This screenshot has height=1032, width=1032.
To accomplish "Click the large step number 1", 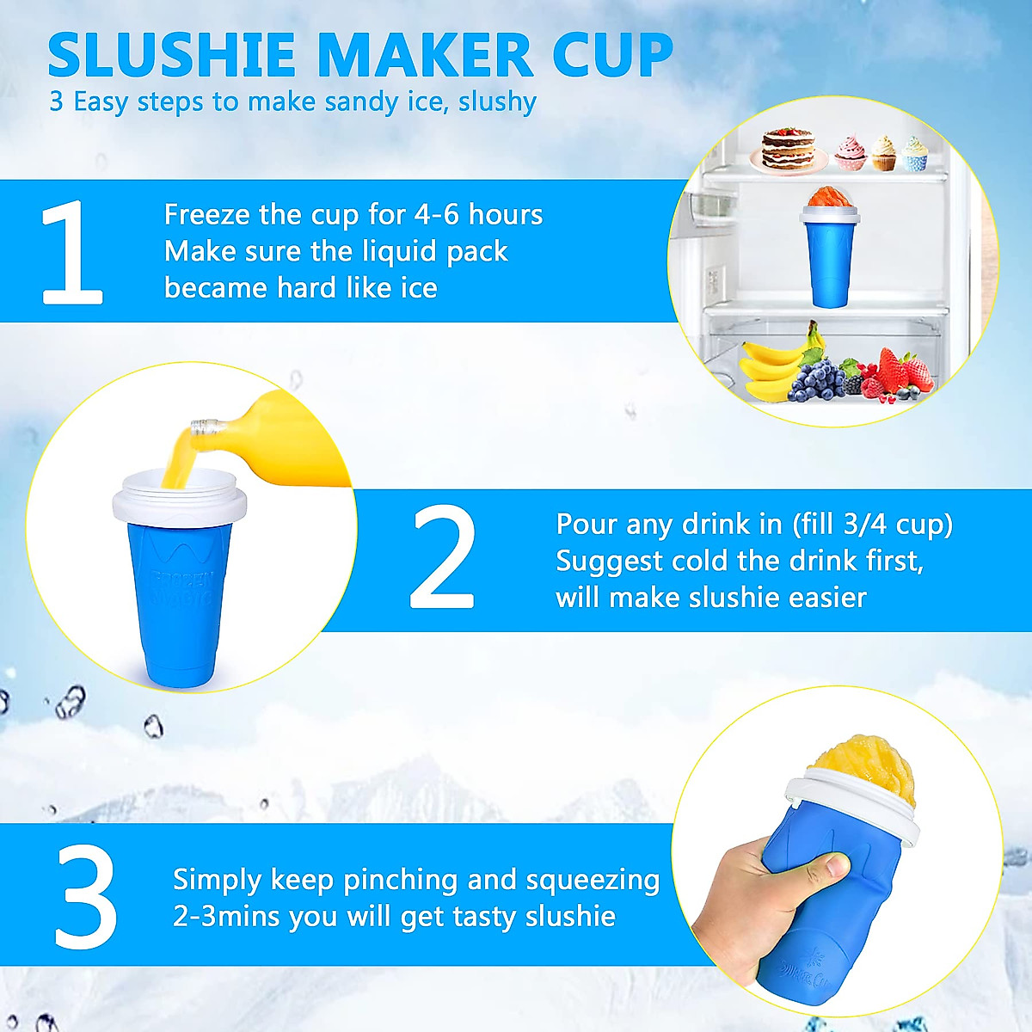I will point(72,253).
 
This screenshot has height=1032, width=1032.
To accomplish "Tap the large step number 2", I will point(443,557).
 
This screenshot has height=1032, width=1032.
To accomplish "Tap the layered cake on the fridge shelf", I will point(786,148).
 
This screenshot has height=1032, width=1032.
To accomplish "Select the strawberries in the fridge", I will point(903,372).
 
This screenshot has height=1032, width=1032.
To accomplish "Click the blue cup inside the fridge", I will point(832,258).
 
